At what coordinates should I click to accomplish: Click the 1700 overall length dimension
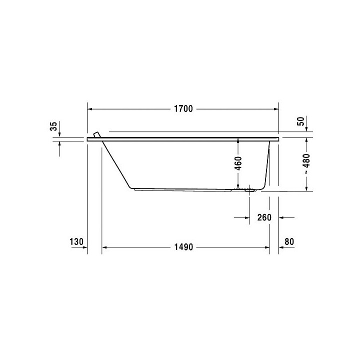click(x=183, y=109)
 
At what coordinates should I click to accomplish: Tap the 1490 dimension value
click(x=183, y=247)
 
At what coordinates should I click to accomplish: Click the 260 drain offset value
click(x=264, y=217)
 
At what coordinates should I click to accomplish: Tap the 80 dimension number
click(x=288, y=242)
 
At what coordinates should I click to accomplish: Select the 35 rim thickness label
click(x=53, y=127)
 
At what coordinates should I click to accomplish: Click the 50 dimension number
click(x=300, y=121)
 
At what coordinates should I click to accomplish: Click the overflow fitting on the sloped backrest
click(x=96, y=135)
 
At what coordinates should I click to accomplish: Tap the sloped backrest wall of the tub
click(x=116, y=165)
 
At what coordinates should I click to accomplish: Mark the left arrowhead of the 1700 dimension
click(x=90, y=109)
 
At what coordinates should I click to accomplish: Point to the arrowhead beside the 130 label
click(x=84, y=247)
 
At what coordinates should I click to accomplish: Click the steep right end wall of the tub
click(x=266, y=165)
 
